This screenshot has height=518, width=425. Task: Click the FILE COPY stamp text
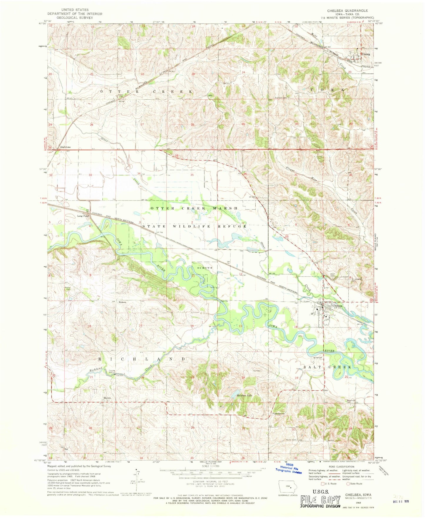click(x=320, y=499)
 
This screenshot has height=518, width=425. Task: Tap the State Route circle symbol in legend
click(x=348, y=484)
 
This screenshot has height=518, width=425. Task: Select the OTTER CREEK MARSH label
click(x=194, y=208)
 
